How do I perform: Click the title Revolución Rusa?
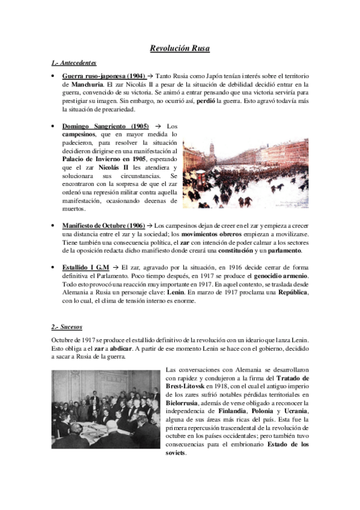click(x=180, y=49)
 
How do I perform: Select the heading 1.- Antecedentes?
click(x=74, y=63)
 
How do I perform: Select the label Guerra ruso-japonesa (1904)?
click(x=103, y=76)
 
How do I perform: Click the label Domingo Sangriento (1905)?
click(x=106, y=126)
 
